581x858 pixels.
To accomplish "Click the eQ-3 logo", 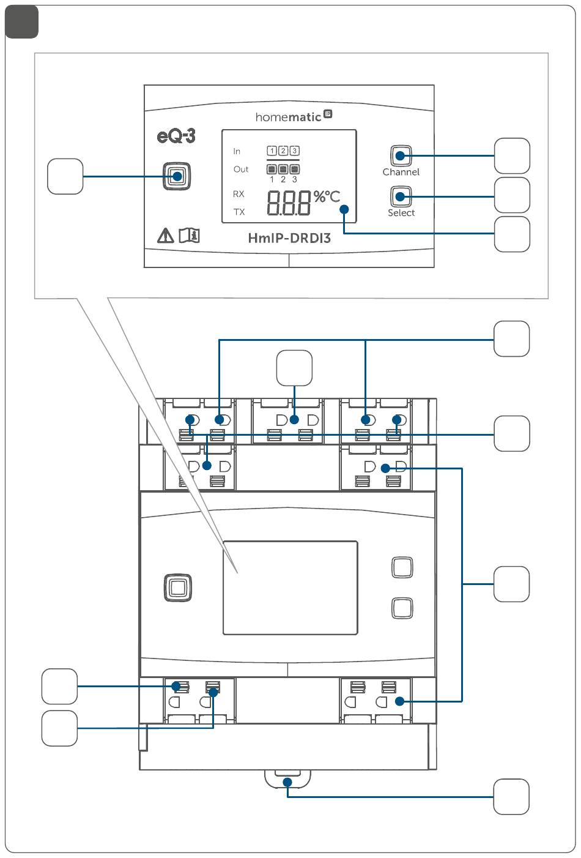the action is pyautogui.click(x=176, y=136).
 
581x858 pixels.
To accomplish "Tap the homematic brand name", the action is pyautogui.click(x=288, y=117).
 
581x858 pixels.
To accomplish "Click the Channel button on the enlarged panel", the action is pyautogui.click(x=401, y=156).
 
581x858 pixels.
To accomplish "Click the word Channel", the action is pyautogui.click(x=401, y=172).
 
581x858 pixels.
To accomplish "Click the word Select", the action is pyautogui.click(x=401, y=212).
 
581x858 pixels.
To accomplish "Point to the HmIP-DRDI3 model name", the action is pyautogui.click(x=289, y=238).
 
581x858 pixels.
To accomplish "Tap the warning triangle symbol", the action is pyautogui.click(x=165, y=236).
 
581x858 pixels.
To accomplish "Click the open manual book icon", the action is pyautogui.click(x=189, y=236).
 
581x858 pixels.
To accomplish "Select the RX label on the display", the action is pyautogui.click(x=239, y=194).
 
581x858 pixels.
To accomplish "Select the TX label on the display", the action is pyautogui.click(x=239, y=212).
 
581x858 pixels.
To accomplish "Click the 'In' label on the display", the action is pyautogui.click(x=237, y=151).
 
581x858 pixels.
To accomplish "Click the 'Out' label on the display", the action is pyautogui.click(x=241, y=170).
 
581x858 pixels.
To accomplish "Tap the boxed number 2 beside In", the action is pyautogui.click(x=283, y=151).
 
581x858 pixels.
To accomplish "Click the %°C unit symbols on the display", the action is pyautogui.click(x=327, y=197).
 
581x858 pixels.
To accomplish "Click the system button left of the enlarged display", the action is pyautogui.click(x=177, y=177).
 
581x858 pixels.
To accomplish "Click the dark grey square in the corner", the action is pyautogui.click(x=22, y=22).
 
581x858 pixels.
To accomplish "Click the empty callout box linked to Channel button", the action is pyautogui.click(x=512, y=156).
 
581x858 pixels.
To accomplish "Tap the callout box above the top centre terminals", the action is pyautogui.click(x=294, y=368).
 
